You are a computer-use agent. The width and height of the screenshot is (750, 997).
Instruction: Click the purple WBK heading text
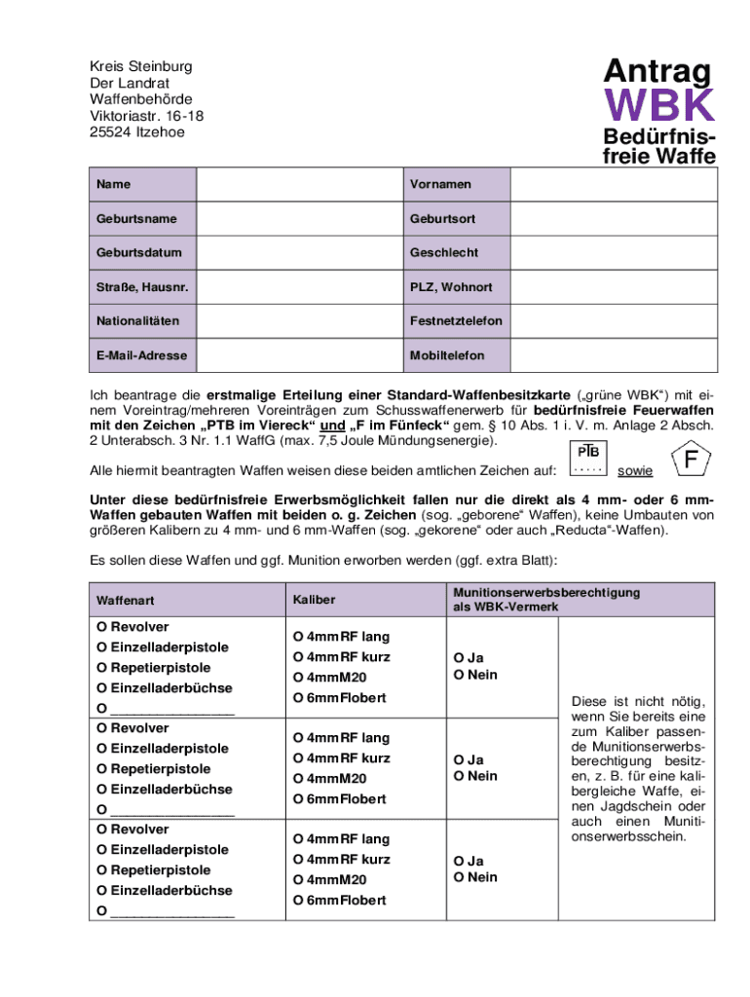[x=659, y=105]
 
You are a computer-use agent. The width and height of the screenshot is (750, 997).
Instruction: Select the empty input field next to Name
[x=298, y=184]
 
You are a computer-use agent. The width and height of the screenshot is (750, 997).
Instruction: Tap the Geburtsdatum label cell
[x=142, y=252]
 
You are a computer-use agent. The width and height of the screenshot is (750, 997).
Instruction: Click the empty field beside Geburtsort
[x=614, y=218]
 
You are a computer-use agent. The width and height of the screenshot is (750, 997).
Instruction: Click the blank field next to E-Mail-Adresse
[x=298, y=355]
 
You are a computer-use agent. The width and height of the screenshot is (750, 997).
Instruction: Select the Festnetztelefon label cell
[x=456, y=321]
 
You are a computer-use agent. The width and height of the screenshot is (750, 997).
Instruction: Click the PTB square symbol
[x=588, y=458]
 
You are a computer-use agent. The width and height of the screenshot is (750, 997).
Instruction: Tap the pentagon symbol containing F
[x=690, y=459]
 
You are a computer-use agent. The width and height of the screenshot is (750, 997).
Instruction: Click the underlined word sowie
[x=636, y=470]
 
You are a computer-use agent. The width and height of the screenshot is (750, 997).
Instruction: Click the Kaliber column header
[x=314, y=601]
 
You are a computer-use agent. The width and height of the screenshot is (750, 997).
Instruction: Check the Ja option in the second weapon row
[x=469, y=759]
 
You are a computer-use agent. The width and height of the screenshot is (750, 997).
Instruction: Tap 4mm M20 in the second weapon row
[x=330, y=779]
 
